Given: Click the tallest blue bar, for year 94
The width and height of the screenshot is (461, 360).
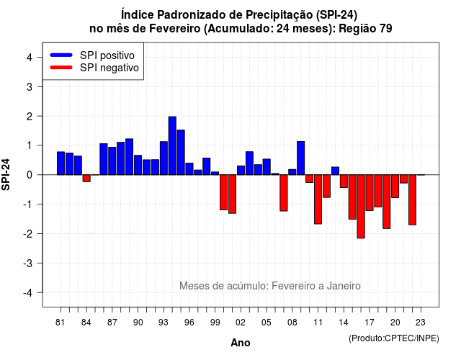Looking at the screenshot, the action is click(x=172, y=145).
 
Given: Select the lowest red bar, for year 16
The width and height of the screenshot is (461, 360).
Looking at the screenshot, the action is click(x=361, y=207).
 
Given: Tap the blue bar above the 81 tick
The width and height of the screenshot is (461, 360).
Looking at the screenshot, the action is click(x=61, y=163).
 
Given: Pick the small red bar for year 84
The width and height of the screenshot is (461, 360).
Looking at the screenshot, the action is click(x=86, y=178).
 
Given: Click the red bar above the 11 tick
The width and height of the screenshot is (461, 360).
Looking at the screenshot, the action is click(x=318, y=199).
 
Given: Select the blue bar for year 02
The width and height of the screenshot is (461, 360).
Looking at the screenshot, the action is click(x=241, y=171).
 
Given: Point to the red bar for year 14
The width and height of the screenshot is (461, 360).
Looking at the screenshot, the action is click(x=344, y=181).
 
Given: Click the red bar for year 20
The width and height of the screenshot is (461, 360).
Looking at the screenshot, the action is click(x=395, y=186).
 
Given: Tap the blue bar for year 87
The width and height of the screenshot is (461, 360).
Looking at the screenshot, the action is click(x=112, y=161).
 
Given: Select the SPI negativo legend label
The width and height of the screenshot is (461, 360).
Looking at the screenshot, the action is click(x=109, y=68).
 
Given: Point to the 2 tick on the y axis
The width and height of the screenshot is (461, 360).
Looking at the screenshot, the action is click(x=30, y=117).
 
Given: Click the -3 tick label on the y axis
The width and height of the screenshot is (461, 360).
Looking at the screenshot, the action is click(x=28, y=264).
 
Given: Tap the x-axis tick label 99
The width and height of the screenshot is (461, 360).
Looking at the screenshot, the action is click(x=215, y=323).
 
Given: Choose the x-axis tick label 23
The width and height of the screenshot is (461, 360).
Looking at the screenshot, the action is click(x=421, y=323).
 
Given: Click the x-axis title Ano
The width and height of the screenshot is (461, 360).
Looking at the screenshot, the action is click(x=241, y=343).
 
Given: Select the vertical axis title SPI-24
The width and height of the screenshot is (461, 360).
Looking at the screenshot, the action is click(x=6, y=174).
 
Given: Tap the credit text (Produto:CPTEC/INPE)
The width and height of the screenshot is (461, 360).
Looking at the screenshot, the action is click(x=394, y=338).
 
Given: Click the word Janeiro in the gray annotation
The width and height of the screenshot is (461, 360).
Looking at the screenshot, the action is click(x=344, y=286).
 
